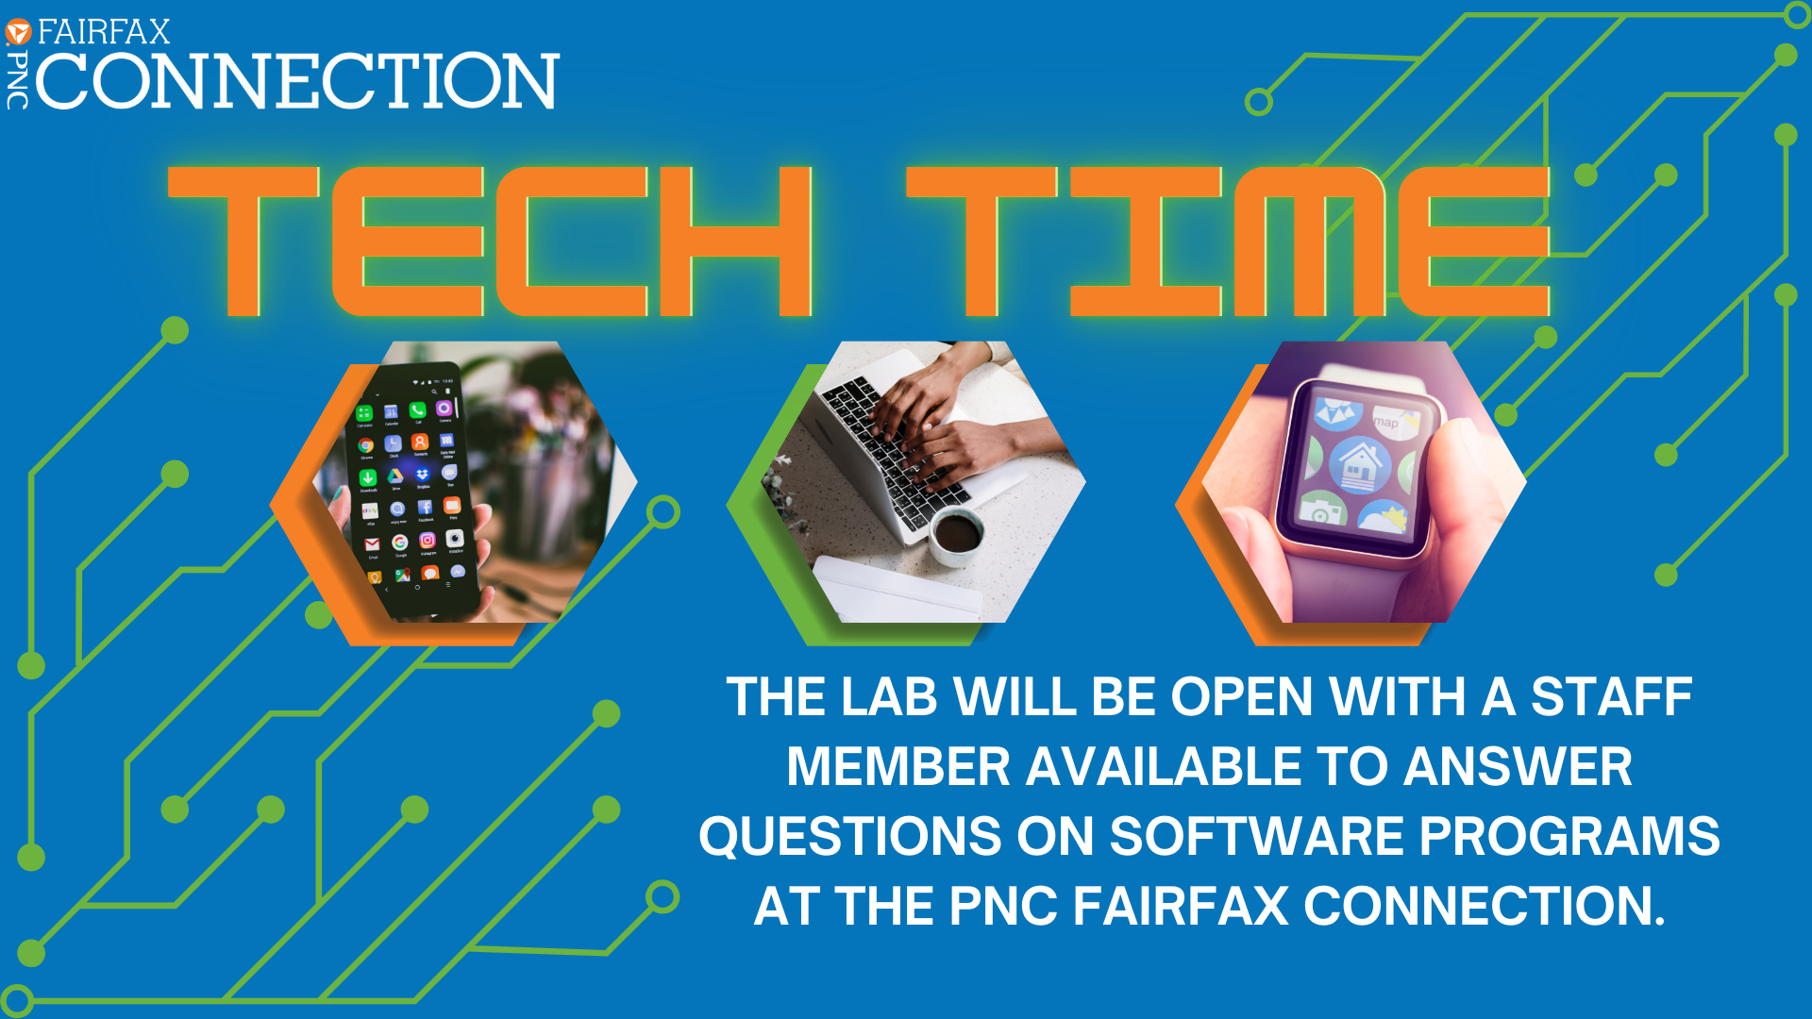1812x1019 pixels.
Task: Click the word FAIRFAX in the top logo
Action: coord(104,32)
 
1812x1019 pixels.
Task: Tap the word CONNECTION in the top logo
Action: coord(297,81)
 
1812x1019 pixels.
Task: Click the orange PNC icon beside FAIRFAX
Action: coord(18,33)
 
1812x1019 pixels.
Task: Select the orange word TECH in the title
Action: coord(490,242)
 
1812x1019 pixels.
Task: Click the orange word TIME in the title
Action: coord(1228,242)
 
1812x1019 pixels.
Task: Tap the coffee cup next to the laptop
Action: coord(957,535)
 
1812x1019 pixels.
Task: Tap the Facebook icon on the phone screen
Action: coord(425,508)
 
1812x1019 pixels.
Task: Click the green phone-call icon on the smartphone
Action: coord(417,409)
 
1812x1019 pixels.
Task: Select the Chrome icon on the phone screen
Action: coord(365,445)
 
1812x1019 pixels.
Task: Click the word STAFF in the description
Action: coord(1611,697)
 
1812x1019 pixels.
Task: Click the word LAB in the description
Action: coord(888,697)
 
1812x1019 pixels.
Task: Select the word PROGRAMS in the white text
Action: coord(1569,836)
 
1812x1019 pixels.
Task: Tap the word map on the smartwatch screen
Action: coord(1385,422)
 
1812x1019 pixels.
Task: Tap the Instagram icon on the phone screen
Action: coord(427,540)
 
